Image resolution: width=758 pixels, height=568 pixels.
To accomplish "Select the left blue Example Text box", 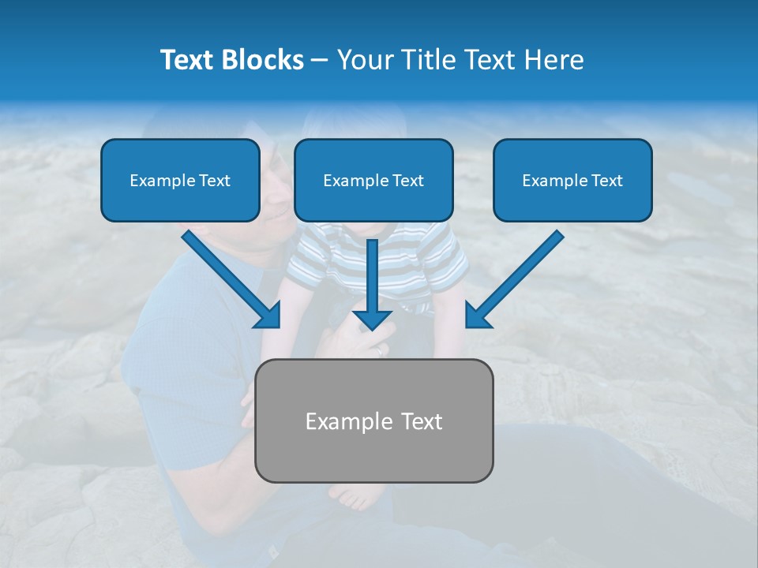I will [x=180, y=181].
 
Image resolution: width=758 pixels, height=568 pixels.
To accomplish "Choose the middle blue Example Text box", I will [x=373, y=181].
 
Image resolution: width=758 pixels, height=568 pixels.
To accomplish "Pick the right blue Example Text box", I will [x=572, y=181].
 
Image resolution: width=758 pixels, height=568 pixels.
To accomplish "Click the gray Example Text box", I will [x=373, y=420].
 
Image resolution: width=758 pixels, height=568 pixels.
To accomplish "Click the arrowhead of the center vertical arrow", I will [x=373, y=319].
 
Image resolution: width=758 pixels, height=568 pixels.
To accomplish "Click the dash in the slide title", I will [x=320, y=60].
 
